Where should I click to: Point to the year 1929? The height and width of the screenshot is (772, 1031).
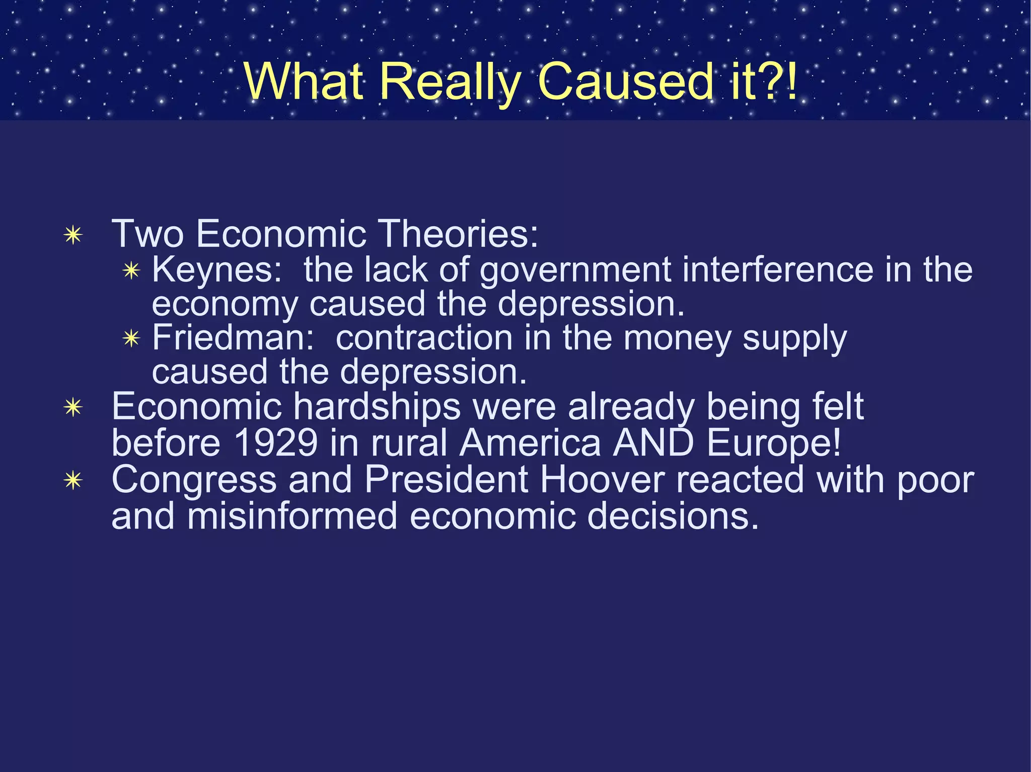275,443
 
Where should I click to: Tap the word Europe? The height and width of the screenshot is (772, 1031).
774,443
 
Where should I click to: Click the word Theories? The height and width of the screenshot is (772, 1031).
458,234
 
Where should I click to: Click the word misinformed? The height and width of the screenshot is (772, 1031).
292,517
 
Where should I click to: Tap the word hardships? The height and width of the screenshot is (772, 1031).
377,407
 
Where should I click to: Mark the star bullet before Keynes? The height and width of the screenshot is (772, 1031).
131,271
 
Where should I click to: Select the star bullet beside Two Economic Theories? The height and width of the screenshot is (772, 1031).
73,235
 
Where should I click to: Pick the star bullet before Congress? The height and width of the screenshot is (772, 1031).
73,481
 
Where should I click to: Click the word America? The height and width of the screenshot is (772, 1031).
530,443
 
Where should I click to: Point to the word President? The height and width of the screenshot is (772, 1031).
446,480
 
